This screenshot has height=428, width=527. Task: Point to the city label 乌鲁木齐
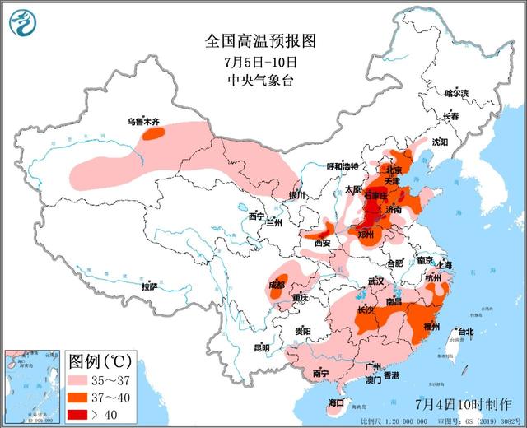tap(143, 122)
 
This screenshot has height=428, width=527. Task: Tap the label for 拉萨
tap(148, 287)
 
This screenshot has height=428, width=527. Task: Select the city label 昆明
tap(261, 347)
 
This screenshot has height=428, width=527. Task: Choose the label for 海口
tap(336, 402)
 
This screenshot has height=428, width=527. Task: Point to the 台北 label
tap(465, 332)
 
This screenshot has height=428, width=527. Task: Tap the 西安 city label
tap(323, 243)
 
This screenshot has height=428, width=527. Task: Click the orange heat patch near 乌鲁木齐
tap(152, 133)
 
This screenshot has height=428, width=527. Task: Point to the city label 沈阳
tap(440, 142)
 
